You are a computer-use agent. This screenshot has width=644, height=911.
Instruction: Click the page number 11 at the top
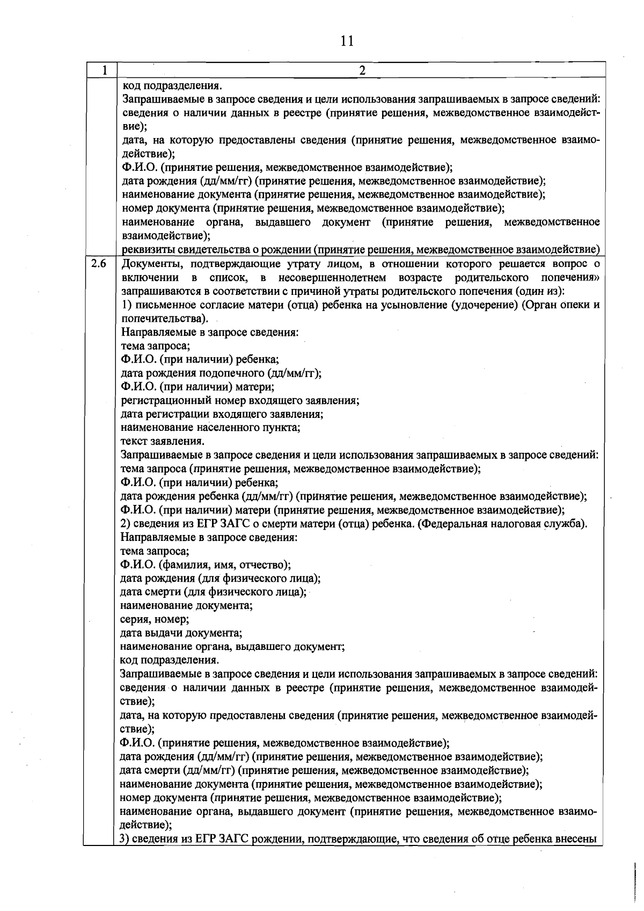[x=347, y=41]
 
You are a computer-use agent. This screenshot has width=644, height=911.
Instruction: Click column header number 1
[x=105, y=70]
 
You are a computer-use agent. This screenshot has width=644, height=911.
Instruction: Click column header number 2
[x=362, y=70]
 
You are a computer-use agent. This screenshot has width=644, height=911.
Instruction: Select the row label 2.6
[x=99, y=264]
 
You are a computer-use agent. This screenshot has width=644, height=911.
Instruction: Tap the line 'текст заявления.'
[x=162, y=442]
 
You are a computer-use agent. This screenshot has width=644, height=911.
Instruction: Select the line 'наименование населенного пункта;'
[x=210, y=428]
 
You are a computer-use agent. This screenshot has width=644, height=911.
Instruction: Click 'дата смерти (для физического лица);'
[x=213, y=592]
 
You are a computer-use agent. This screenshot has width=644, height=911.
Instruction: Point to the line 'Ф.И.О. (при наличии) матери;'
[x=197, y=386]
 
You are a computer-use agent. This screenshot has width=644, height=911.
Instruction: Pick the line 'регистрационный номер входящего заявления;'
[x=240, y=400]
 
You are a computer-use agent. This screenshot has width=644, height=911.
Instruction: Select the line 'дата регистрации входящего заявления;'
[x=222, y=414]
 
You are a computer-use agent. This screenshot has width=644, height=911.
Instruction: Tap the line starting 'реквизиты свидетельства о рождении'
[x=360, y=249]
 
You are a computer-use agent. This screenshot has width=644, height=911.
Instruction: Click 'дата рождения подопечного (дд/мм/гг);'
[x=221, y=373]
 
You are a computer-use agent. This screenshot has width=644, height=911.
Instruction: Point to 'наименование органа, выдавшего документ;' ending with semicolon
[x=232, y=647]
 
